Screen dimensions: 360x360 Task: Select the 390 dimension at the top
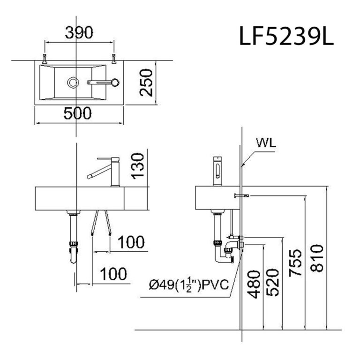click(x=78, y=32)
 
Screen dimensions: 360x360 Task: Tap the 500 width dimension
click(x=77, y=113)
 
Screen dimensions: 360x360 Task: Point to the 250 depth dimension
click(x=146, y=82)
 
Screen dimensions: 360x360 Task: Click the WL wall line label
click(x=266, y=142)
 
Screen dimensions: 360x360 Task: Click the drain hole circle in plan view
click(x=73, y=82)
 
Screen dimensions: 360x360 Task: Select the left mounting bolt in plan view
click(x=45, y=59)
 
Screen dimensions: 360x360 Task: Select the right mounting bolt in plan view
click(x=114, y=59)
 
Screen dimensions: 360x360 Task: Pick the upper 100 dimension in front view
click(x=130, y=242)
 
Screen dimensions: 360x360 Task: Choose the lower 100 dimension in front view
click(x=112, y=273)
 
